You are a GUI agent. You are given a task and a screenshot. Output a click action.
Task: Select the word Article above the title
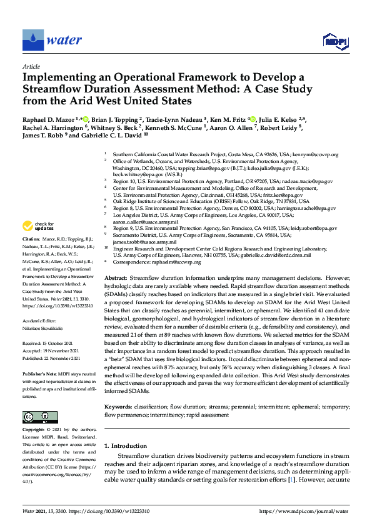pyautogui.click(x=31, y=66)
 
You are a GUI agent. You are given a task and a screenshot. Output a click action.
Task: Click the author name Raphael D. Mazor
pyautogui.click(x=48, y=118)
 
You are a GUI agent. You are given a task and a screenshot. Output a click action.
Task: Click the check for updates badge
pyautogui.click(x=38, y=226)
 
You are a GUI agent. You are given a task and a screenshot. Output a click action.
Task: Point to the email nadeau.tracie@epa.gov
pyautogui.click(x=305, y=181)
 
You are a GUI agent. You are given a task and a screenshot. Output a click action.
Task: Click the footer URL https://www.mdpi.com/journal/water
pyautogui.click(x=304, y=511)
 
